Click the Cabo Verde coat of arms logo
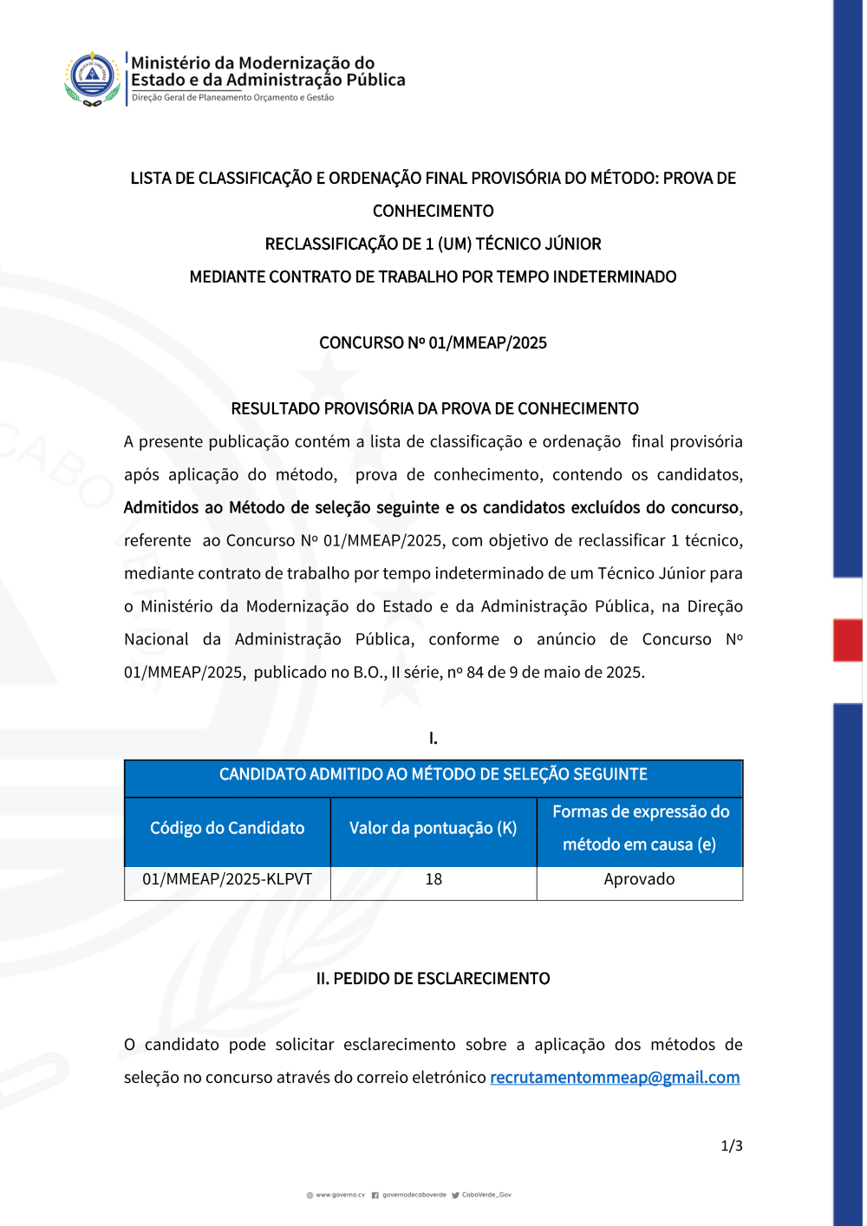click(92, 78)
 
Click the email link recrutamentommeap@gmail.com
click(615, 1078)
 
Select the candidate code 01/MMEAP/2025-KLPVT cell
click(227, 879)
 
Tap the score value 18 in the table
click(433, 879)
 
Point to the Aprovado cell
click(639, 879)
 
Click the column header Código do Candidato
click(227, 828)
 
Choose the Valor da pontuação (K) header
click(433, 828)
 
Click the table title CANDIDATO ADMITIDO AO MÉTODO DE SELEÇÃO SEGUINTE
click(433, 774)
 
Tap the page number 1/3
click(732, 1146)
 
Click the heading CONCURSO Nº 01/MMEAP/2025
click(433, 343)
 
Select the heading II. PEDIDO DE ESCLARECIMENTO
click(433, 979)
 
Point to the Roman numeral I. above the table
click(433, 739)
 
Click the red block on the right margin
click(847, 641)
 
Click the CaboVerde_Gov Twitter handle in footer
click(486, 1195)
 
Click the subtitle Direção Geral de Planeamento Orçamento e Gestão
click(232, 98)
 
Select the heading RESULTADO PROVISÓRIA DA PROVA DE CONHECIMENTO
click(434, 409)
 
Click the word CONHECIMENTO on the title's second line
click(433, 212)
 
